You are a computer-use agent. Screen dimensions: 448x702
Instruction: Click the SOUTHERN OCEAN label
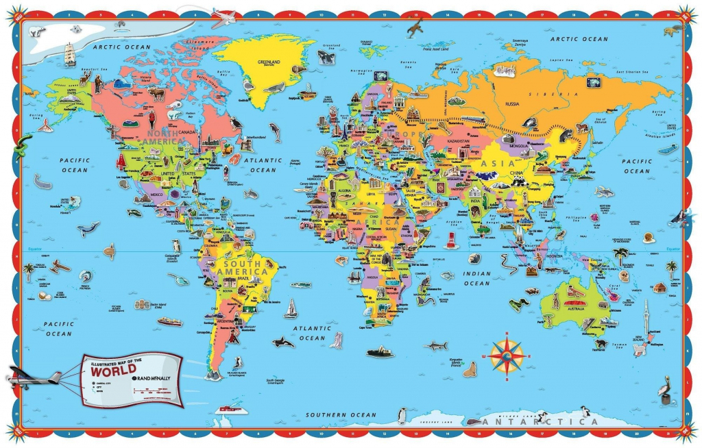pyautogui.click(x=341, y=414)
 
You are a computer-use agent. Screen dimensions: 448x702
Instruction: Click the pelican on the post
pyautogui.click(x=664, y=390)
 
